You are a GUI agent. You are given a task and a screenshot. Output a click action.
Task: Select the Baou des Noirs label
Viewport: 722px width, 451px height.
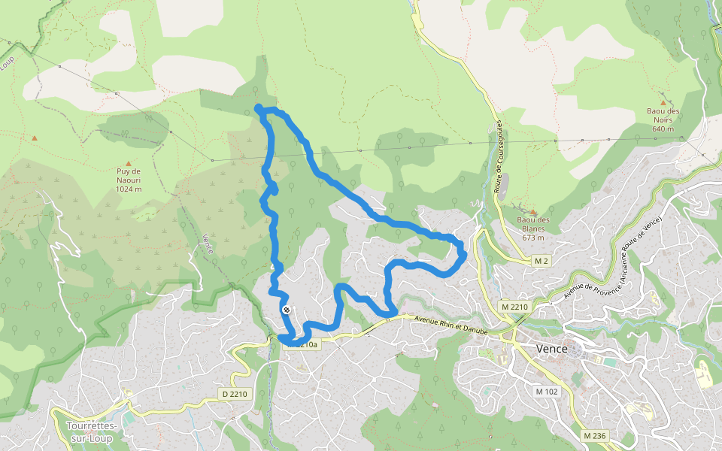(663, 116)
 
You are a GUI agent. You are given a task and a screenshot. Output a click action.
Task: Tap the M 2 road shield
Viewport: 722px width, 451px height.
(540, 260)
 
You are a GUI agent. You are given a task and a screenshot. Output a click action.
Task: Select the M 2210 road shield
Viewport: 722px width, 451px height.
(515, 307)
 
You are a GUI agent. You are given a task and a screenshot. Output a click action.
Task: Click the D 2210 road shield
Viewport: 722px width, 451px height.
(235, 394)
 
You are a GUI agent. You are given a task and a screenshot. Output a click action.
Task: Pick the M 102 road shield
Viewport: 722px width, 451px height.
(548, 392)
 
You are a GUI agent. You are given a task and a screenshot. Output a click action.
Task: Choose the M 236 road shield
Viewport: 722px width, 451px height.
(596, 435)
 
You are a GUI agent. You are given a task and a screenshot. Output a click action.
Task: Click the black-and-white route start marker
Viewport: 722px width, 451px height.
(287, 309)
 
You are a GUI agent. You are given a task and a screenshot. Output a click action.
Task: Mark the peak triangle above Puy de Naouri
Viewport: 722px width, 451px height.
(129, 163)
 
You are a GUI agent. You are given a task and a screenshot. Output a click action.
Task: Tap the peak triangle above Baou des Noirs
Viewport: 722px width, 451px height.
(663, 103)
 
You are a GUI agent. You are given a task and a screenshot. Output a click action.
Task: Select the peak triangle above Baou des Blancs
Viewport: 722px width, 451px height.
(532, 213)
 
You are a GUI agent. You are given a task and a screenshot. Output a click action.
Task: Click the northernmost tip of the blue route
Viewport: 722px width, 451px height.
(259, 108)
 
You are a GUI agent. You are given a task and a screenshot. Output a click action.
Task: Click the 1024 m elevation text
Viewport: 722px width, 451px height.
(129, 189)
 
